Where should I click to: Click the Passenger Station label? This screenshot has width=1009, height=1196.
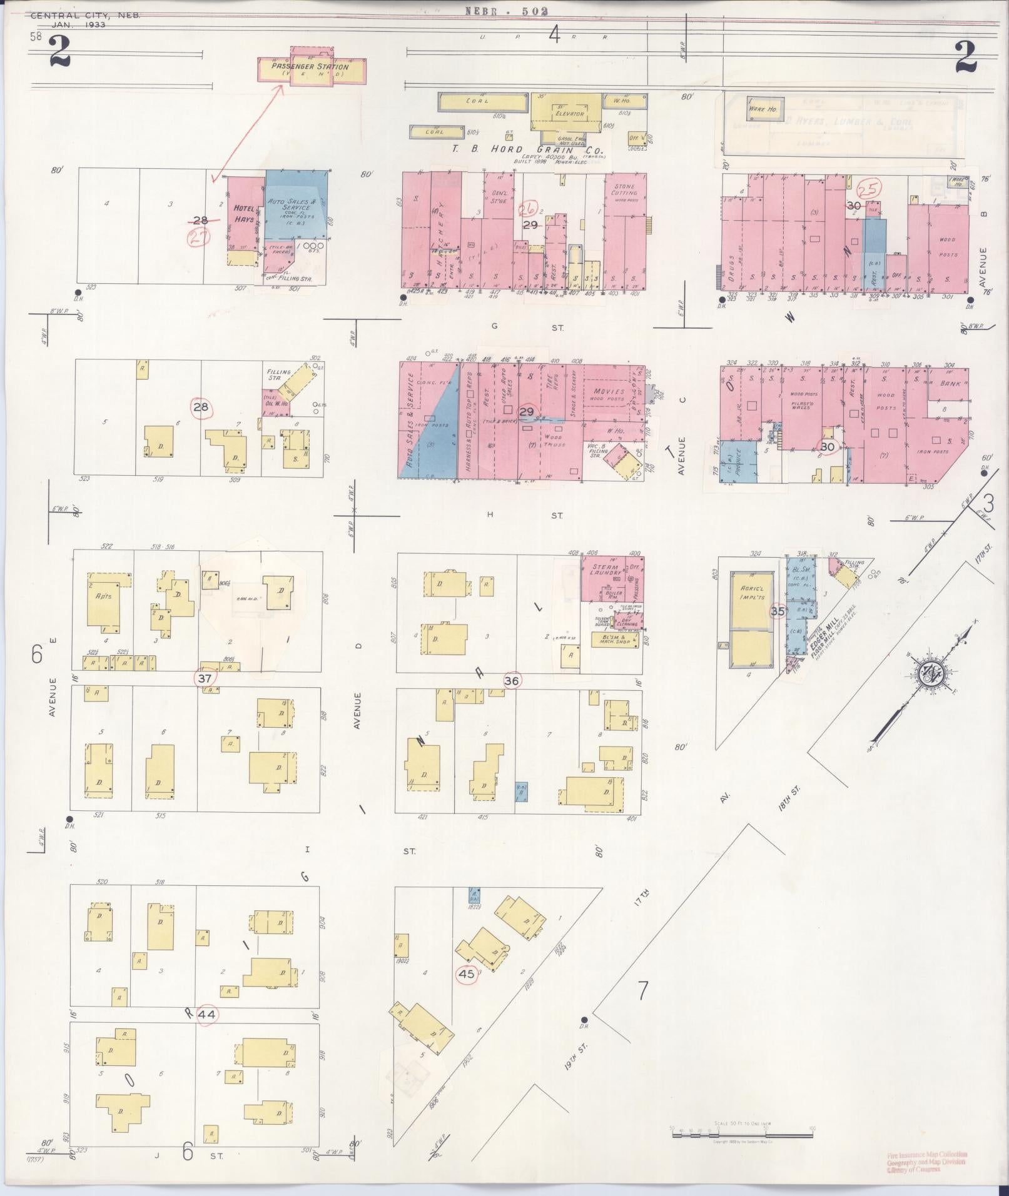point(310,67)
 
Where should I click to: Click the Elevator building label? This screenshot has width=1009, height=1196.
point(569,114)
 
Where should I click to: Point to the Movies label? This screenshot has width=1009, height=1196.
point(609,391)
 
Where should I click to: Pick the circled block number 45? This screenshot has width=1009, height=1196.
point(467,973)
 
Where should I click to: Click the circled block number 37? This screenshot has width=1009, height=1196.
point(205,678)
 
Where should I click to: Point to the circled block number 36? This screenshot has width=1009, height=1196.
point(511,681)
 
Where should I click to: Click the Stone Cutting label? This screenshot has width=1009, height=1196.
point(624,190)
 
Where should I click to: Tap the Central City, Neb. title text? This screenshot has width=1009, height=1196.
point(85,16)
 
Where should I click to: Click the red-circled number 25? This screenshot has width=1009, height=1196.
point(869,188)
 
